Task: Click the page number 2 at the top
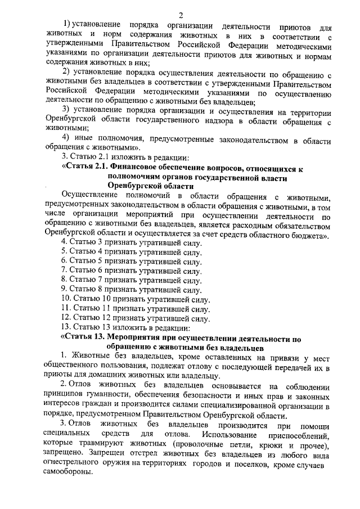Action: click(180, 15)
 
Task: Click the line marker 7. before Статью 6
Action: click(64, 270)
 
